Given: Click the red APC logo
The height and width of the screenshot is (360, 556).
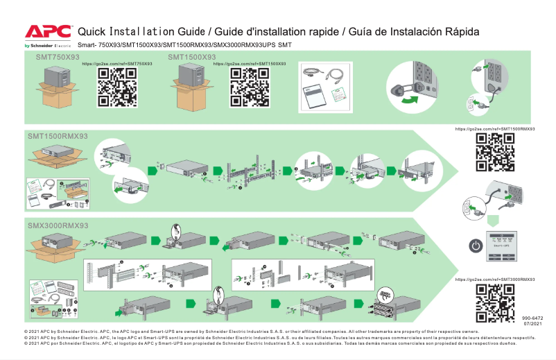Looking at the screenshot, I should point(47,32).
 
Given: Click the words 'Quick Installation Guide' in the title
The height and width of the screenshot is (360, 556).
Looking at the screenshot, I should point(141,33).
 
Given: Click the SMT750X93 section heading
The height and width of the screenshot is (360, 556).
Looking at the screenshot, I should point(58,57).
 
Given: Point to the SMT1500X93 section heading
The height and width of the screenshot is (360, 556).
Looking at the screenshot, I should point(191,57).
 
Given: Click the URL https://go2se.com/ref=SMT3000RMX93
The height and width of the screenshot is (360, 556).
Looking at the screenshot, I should point(495,279).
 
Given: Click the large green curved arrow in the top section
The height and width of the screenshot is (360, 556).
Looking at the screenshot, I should point(410,101).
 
